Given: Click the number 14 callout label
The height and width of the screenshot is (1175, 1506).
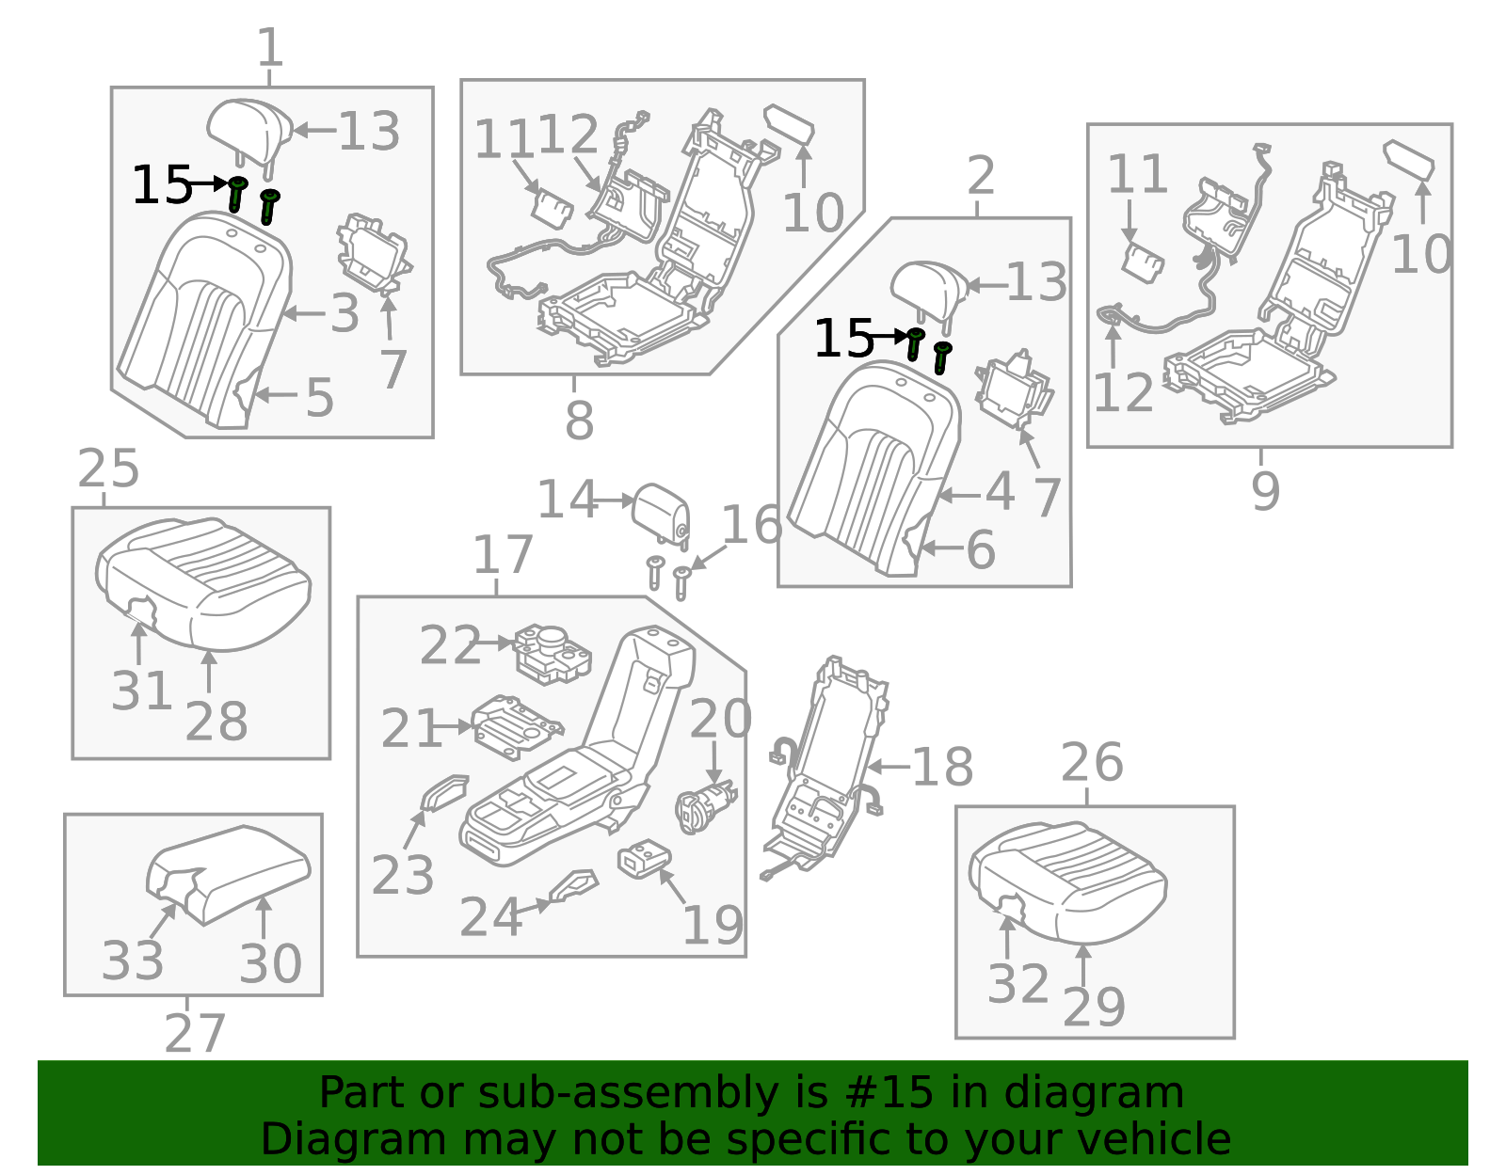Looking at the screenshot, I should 567,500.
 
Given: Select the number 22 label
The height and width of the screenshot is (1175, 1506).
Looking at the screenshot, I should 450,646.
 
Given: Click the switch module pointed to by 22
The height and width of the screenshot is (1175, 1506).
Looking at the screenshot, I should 552,651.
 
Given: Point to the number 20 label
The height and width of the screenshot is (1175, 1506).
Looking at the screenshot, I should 720,719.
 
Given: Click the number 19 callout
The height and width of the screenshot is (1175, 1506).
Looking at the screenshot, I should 713,926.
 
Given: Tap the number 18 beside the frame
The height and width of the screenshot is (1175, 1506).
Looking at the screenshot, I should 942,767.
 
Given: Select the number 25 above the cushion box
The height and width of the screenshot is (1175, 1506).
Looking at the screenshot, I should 108,468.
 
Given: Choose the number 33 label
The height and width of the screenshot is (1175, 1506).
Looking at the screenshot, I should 133,961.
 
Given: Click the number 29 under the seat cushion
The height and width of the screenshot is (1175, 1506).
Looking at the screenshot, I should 1094,1008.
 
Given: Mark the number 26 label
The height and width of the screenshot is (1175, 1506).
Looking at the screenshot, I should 1092,763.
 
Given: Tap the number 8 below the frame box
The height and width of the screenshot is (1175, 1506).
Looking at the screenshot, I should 579,421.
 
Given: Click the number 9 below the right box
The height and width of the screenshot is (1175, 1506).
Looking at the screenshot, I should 1265,491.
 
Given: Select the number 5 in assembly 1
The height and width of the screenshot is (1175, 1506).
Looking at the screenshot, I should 320,398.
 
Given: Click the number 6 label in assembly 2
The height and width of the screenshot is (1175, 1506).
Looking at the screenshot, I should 981,550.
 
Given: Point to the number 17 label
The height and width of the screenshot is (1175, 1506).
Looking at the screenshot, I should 503,555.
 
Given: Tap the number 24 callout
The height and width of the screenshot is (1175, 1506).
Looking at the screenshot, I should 490,917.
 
